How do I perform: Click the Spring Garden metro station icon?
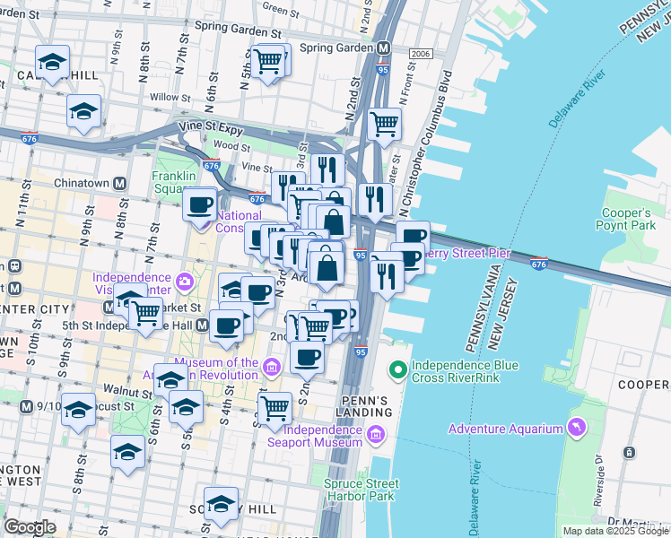pyautogui.click(x=383, y=48)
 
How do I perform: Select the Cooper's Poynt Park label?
pyautogui.click(x=626, y=220)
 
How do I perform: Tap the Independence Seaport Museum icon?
pyautogui.click(x=375, y=436)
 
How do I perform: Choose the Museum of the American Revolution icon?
pyautogui.click(x=273, y=364)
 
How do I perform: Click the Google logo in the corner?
pyautogui.click(x=30, y=526)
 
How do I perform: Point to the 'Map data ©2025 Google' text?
pyautogui.click(x=614, y=531)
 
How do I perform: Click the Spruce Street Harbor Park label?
pyautogui.click(x=360, y=489)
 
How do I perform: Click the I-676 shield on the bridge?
pyautogui.click(x=538, y=264)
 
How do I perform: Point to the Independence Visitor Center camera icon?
pyautogui.click(x=184, y=282)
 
